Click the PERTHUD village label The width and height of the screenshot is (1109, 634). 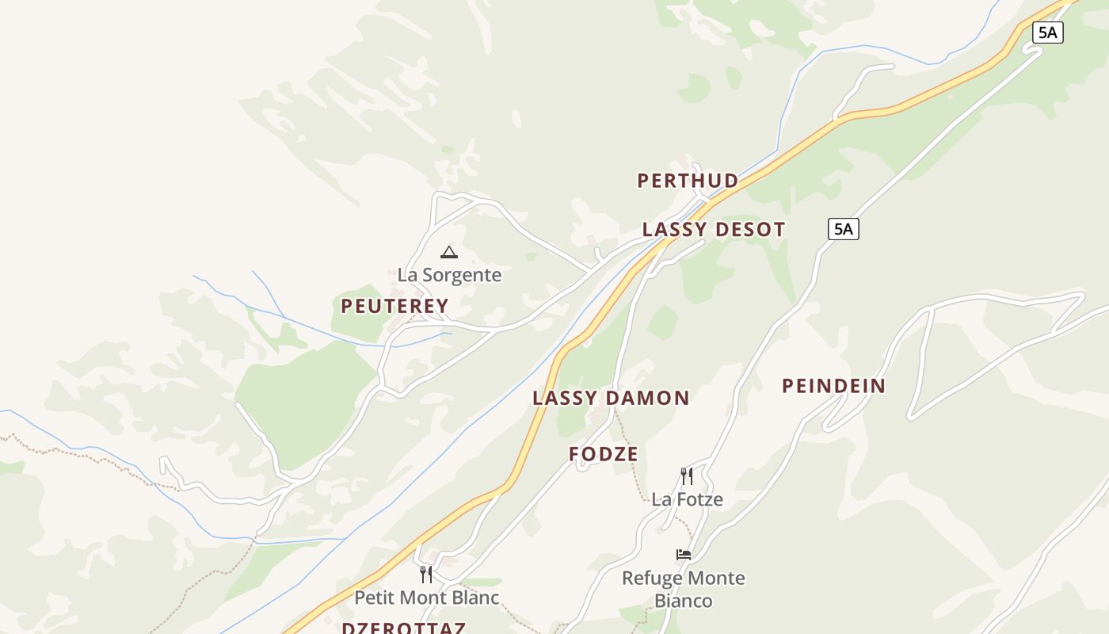(x=688, y=181)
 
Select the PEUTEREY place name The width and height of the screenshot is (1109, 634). (x=394, y=306)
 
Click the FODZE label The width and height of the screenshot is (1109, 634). (x=604, y=454)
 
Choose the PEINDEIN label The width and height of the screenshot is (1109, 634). (x=833, y=386)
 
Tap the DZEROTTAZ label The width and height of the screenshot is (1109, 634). (x=403, y=628)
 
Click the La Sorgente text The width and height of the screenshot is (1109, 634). (x=449, y=275)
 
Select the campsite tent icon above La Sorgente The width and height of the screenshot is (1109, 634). (x=449, y=253)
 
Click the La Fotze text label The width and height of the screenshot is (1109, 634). (x=687, y=499)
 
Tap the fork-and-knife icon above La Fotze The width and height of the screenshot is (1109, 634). (x=687, y=476)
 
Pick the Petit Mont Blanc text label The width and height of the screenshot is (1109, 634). (x=426, y=597)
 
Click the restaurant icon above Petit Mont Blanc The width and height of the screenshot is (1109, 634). (x=426, y=574)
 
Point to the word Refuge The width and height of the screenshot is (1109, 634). (x=650, y=578)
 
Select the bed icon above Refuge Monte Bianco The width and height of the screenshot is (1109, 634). (x=684, y=555)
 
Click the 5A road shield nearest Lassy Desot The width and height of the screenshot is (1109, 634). (x=844, y=230)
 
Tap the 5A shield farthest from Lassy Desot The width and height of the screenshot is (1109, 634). (x=1047, y=32)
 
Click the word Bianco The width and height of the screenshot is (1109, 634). (x=684, y=601)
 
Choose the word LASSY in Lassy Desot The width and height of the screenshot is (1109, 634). (x=674, y=230)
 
